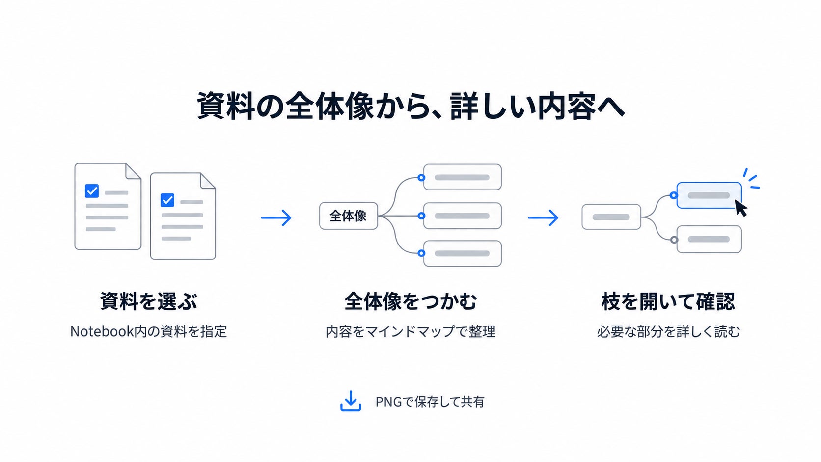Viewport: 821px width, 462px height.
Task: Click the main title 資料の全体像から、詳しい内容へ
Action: (x=410, y=106)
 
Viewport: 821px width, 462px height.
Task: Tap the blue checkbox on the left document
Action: (x=92, y=191)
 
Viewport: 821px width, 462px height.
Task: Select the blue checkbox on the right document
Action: (x=167, y=200)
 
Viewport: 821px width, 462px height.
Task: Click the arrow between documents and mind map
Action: (x=276, y=217)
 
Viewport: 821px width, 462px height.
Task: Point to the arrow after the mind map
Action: (x=543, y=217)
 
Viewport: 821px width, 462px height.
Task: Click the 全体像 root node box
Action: (x=349, y=216)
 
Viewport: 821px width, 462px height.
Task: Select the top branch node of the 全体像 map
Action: (x=463, y=177)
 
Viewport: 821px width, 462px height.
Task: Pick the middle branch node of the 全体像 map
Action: (x=463, y=216)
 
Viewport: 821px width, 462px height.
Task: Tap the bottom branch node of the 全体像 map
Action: (x=463, y=253)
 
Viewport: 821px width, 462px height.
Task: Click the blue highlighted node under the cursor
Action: (x=709, y=195)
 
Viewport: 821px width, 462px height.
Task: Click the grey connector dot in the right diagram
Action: (x=674, y=240)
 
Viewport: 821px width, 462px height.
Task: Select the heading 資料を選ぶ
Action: (x=148, y=301)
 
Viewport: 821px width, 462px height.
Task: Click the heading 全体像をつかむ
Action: (x=410, y=301)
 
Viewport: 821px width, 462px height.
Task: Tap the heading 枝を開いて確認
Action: (x=668, y=301)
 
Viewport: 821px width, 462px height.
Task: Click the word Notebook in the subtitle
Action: (x=102, y=331)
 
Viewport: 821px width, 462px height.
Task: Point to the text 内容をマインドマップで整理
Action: (x=410, y=331)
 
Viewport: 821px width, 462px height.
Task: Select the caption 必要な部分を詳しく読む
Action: (x=668, y=331)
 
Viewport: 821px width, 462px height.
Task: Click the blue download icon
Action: (x=351, y=401)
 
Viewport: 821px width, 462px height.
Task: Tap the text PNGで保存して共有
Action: (x=430, y=402)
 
